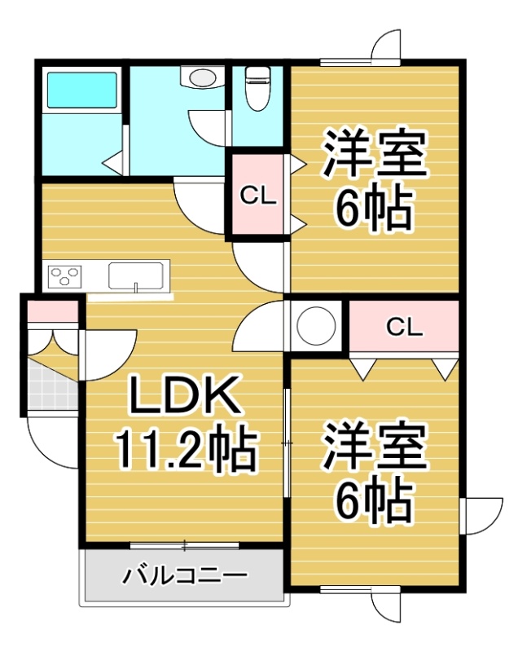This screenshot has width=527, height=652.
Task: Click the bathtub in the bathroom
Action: (82, 90)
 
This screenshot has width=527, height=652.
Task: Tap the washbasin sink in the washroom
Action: (201, 77)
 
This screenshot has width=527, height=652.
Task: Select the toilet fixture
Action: (257, 89)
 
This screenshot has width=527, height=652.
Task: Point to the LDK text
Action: (186, 396)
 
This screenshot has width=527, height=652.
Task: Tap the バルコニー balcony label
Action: (186, 575)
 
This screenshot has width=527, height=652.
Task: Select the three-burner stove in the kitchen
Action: (65, 275)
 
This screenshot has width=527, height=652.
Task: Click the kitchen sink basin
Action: (135, 275)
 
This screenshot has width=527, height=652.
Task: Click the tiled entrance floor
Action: (52, 386)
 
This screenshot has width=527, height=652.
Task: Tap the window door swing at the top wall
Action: (386, 47)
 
